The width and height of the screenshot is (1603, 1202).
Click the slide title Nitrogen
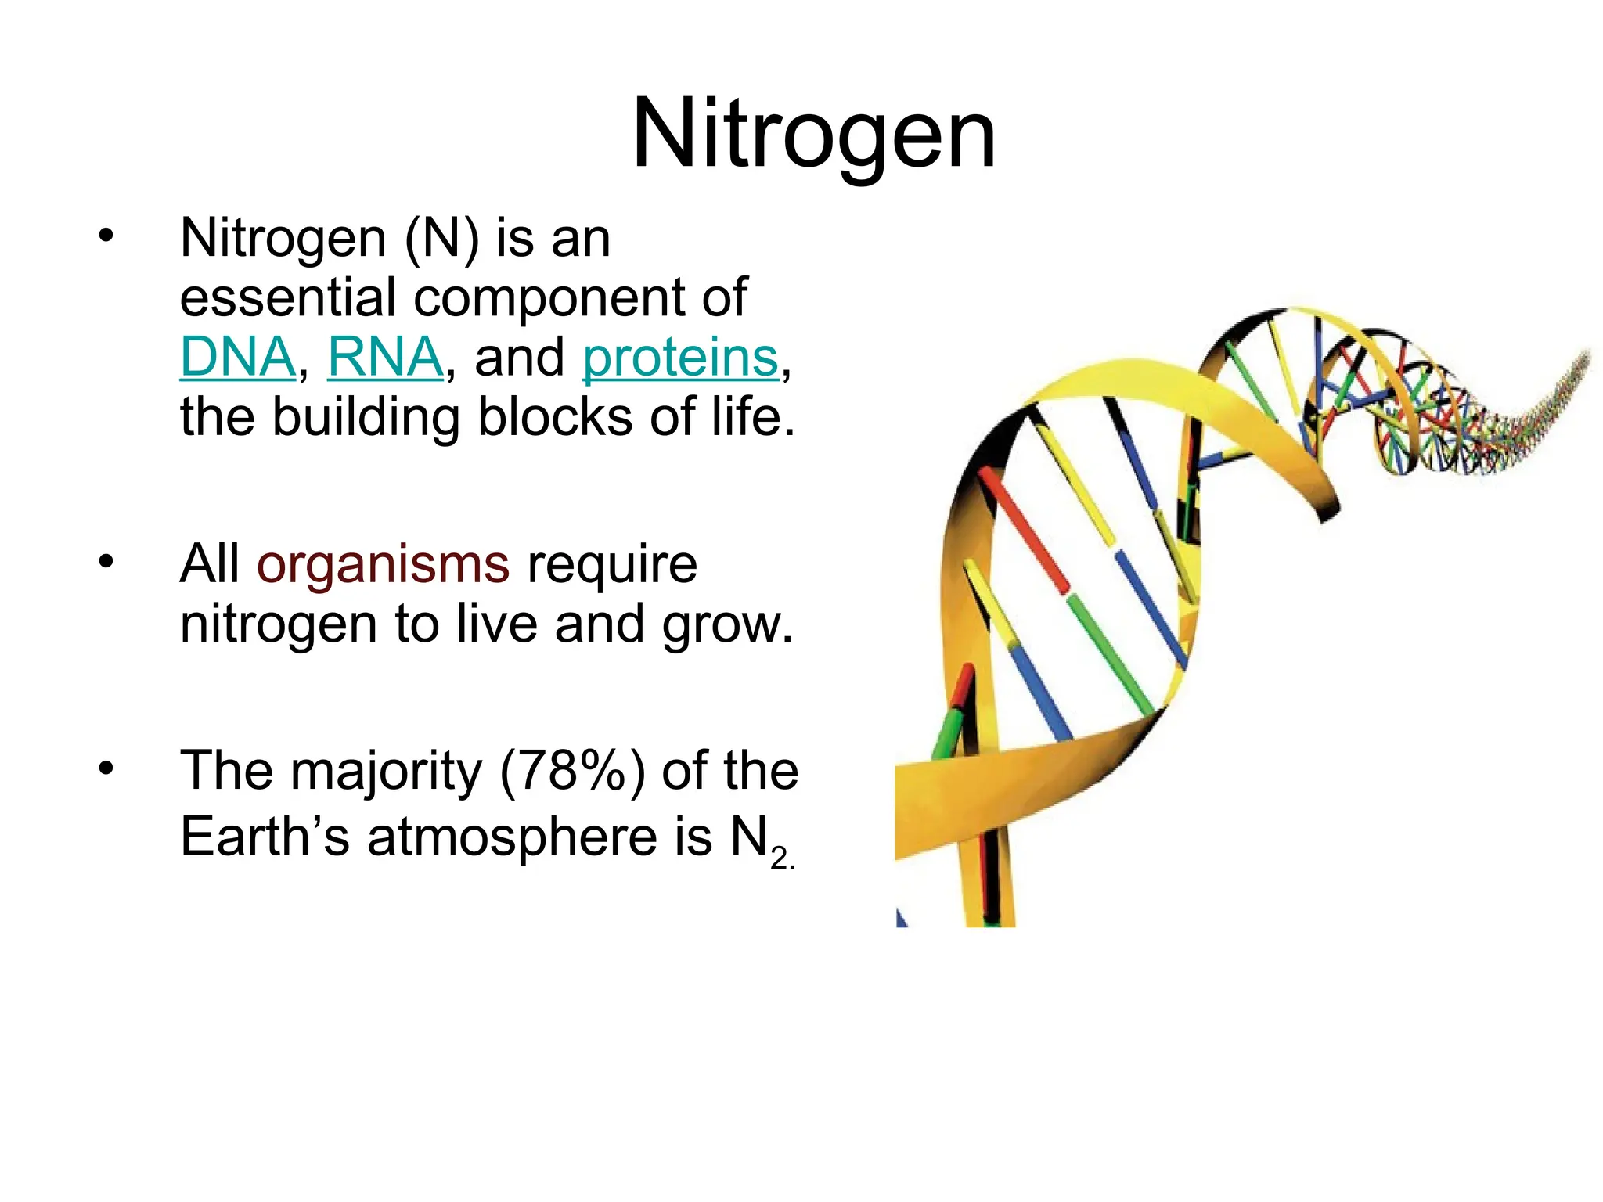[x=813, y=135]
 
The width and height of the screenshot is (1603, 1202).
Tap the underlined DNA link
[x=237, y=358]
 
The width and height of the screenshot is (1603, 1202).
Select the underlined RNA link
[x=385, y=358]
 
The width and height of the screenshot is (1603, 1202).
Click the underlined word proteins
[x=680, y=358]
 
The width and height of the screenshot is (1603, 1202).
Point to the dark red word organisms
[x=383, y=564]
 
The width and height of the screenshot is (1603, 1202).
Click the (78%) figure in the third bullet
[x=572, y=771]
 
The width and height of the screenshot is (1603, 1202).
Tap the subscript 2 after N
[x=780, y=858]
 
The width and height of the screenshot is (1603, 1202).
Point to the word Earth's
[x=265, y=836]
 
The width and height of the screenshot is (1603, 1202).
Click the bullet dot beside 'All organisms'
[x=106, y=561]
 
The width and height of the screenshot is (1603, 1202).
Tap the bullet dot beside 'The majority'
[x=106, y=768]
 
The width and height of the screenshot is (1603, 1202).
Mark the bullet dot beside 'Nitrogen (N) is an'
[x=106, y=235]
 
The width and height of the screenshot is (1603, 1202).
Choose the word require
[x=612, y=566]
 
